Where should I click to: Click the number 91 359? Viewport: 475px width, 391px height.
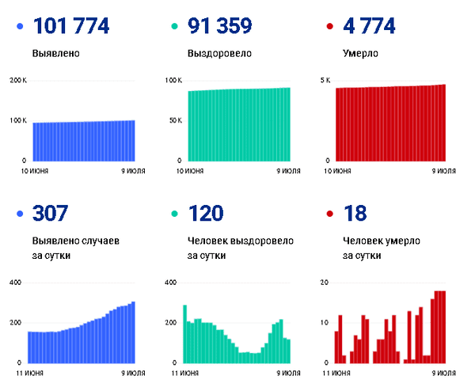220,27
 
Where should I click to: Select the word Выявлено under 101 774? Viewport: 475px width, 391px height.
55,55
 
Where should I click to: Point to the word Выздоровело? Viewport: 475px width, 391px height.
219,55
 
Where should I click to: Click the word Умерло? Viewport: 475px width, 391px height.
360,55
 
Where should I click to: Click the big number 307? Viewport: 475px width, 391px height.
51,214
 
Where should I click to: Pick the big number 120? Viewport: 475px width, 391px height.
206,214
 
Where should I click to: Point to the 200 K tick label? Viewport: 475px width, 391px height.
18,81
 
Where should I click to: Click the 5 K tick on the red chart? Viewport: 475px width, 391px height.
325,81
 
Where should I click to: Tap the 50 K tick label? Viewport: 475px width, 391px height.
175,120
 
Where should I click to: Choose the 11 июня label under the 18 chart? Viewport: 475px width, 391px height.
338,372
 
